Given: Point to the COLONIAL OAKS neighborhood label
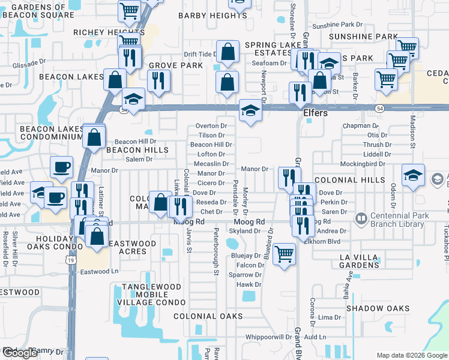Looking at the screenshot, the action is coord(208,316).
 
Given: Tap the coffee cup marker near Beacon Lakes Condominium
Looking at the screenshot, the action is coord(61,167).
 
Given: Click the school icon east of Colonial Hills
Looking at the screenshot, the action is coord(413,175).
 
